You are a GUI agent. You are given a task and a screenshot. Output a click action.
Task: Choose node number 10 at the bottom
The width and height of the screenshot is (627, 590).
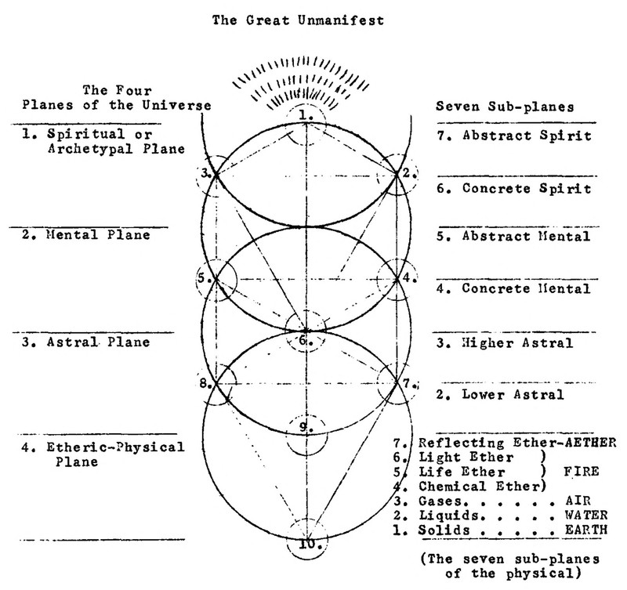(305, 542)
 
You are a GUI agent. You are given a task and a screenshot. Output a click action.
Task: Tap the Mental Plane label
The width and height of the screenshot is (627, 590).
(86, 234)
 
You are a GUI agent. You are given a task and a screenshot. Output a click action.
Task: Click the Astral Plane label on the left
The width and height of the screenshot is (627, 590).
(86, 342)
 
